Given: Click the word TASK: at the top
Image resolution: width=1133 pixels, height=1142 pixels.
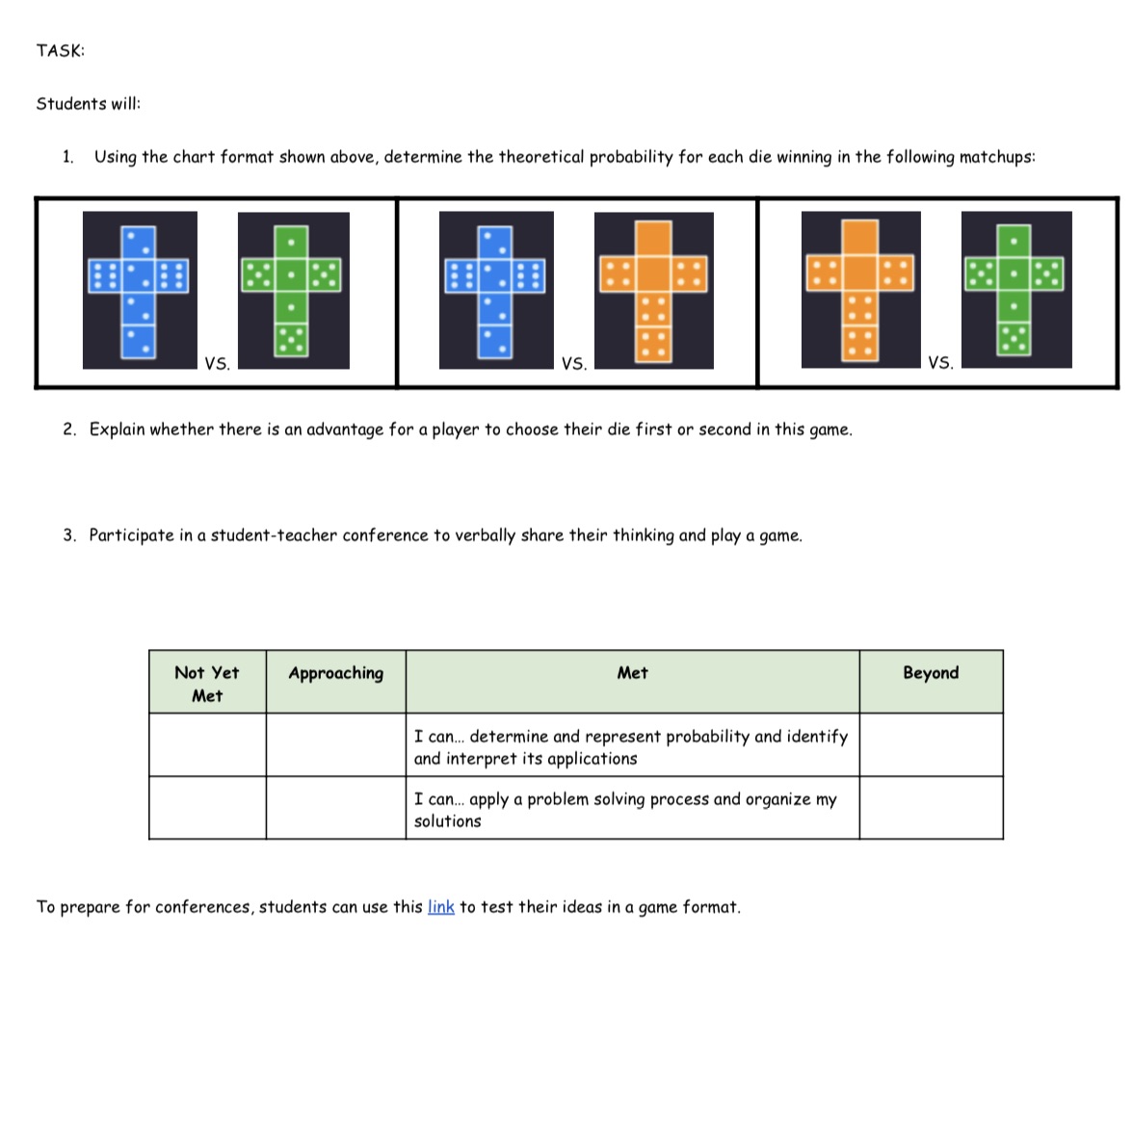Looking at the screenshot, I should click(x=60, y=51).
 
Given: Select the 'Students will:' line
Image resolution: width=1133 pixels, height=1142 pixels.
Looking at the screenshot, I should click(x=88, y=104).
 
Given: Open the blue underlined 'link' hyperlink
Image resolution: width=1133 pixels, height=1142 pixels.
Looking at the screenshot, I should click(x=440, y=907).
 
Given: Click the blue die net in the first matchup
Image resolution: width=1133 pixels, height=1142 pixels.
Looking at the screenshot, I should click(x=140, y=290).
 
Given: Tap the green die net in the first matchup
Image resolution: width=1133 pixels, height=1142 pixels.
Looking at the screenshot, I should click(x=293, y=290).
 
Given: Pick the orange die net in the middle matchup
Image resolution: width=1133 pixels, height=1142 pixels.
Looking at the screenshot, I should click(x=653, y=290).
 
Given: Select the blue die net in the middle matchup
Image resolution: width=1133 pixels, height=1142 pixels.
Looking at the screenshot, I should click(x=495, y=290).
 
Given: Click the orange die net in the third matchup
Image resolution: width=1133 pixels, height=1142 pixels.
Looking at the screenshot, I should click(x=859, y=290).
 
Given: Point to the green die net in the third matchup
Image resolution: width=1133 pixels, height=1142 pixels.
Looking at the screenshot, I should click(x=1015, y=289).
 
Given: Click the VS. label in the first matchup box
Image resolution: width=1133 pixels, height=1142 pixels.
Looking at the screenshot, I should click(x=217, y=363).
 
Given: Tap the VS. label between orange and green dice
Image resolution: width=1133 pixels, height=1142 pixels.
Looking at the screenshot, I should click(x=940, y=363).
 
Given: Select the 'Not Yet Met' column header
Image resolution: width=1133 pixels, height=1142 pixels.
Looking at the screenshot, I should click(x=207, y=684).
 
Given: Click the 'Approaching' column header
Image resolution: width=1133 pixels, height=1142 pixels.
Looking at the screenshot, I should click(x=335, y=673).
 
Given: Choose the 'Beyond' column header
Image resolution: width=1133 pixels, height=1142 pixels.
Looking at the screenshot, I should click(x=931, y=673).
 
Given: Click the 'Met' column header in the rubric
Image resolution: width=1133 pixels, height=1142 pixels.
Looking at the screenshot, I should click(x=632, y=673).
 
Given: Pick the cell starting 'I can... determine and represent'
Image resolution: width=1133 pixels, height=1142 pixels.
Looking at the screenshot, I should click(x=631, y=746).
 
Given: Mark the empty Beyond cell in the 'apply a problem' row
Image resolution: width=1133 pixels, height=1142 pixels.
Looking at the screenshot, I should click(x=931, y=809).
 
